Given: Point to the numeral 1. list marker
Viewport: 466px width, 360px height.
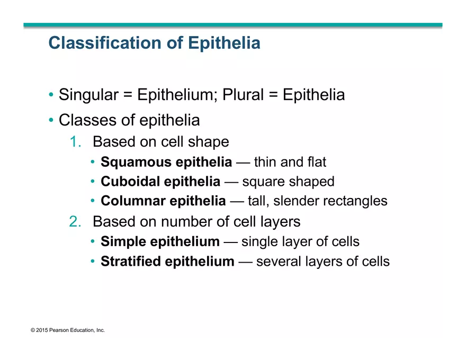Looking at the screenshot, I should [x=75, y=142].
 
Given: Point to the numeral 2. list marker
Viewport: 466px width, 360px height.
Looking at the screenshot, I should [x=75, y=221].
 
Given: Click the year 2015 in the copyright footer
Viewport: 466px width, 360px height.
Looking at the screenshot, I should [x=42, y=330].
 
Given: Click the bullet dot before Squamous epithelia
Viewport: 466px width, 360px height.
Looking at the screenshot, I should [x=93, y=162].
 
